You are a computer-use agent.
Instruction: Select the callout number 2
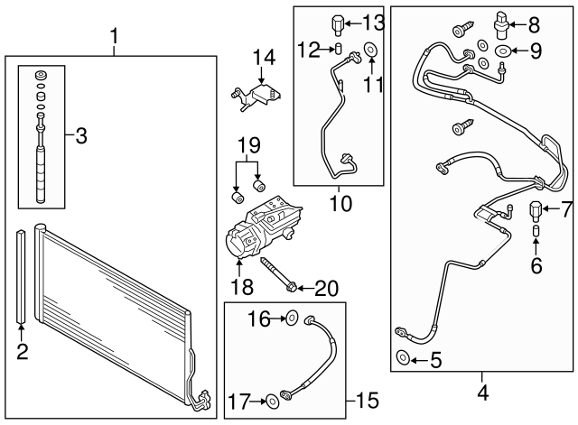tap(20, 353)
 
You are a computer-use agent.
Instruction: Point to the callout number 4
tap(482, 393)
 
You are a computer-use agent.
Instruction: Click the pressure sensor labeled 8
tap(501, 23)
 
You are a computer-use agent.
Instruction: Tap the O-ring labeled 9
tap(502, 51)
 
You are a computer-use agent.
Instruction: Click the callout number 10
tap(340, 205)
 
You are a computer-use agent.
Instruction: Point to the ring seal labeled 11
tap(370, 50)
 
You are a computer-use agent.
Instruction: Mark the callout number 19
tap(247, 145)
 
